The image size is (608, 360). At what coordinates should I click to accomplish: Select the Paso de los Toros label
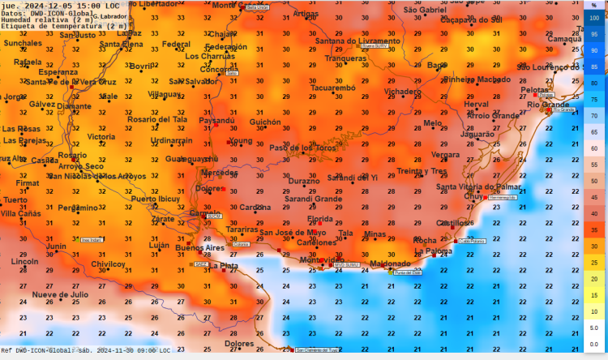click(x=302, y=148)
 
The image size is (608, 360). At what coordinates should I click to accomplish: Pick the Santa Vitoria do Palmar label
click(x=478, y=186)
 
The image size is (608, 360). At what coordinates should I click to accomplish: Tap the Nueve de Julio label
click(x=60, y=294)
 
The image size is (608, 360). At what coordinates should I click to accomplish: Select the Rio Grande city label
click(x=549, y=105)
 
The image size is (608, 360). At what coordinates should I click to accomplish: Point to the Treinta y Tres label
click(x=422, y=171)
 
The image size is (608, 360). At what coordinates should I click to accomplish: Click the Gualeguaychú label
click(x=191, y=159)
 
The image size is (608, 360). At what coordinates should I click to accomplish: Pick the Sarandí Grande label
click(x=313, y=198)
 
